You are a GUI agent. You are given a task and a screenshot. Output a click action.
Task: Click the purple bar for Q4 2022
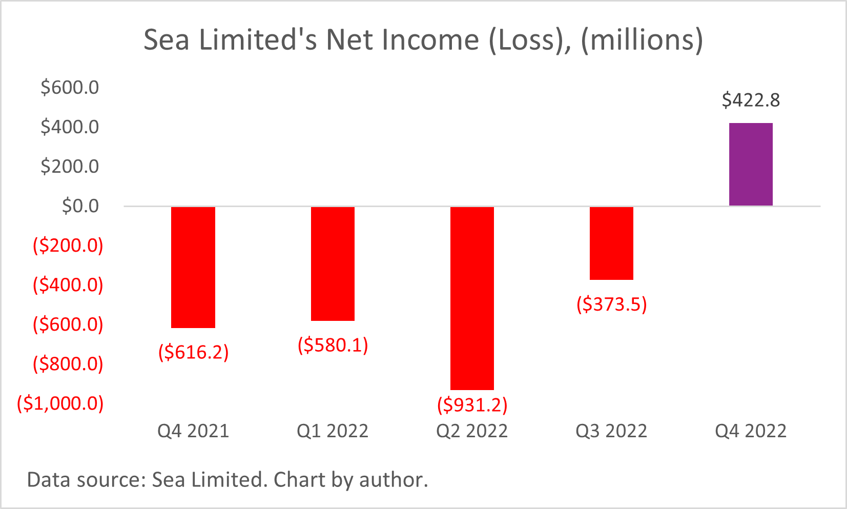(x=751, y=165)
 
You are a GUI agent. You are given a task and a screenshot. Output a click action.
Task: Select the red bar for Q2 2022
(x=472, y=298)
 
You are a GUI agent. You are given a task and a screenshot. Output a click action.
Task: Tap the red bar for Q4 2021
(x=193, y=267)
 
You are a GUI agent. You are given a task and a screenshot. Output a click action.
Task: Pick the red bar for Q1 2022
(x=333, y=263)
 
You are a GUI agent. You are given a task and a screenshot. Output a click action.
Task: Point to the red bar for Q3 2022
(x=611, y=243)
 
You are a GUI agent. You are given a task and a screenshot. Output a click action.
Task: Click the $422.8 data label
(x=751, y=100)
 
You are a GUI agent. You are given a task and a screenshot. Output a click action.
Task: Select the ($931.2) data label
(x=472, y=405)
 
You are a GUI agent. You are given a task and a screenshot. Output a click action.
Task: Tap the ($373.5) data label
(x=611, y=304)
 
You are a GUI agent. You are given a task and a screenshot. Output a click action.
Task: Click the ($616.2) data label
(x=193, y=352)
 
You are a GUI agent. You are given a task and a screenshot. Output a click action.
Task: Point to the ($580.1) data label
(x=333, y=345)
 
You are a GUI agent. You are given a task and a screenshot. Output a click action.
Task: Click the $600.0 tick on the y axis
(x=70, y=88)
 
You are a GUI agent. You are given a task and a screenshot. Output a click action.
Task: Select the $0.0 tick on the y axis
(x=80, y=206)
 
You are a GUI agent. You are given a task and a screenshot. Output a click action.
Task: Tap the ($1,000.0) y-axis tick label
(x=60, y=403)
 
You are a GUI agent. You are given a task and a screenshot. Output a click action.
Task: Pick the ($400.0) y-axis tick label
(x=68, y=285)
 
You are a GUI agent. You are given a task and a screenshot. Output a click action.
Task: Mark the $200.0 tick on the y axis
(x=70, y=167)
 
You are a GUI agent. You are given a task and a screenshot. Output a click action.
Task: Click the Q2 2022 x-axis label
(x=472, y=431)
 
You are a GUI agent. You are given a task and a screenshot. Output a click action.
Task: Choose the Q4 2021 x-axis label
(x=193, y=431)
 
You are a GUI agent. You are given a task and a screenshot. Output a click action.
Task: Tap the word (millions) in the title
(x=642, y=40)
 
